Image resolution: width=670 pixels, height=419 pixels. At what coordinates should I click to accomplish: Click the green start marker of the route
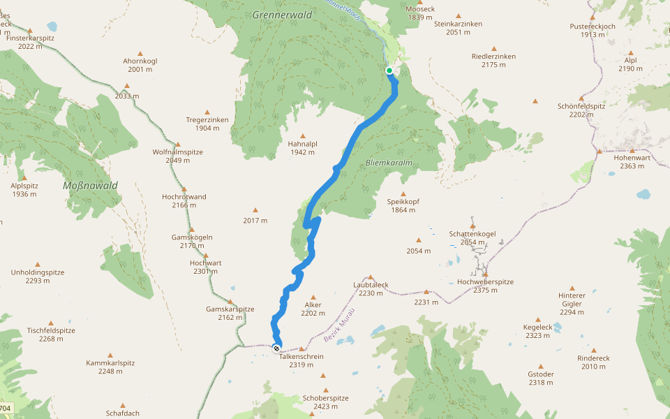click(389, 70)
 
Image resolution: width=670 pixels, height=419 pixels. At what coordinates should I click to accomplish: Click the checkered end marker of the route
click(276, 348)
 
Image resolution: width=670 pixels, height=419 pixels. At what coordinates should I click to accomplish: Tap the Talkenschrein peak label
click(301, 356)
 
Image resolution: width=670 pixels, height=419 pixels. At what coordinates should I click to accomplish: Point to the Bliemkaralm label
click(389, 163)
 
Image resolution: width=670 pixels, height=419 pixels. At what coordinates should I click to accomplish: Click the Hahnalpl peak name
click(302, 144)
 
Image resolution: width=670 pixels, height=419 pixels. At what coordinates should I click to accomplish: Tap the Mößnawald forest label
click(90, 185)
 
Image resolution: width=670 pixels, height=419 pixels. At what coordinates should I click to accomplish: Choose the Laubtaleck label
click(371, 285)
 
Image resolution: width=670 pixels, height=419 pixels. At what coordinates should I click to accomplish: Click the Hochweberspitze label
click(485, 281)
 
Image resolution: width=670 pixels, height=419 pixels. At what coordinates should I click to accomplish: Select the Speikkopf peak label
click(403, 201)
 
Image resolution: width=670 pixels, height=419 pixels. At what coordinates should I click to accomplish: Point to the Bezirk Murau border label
click(340, 326)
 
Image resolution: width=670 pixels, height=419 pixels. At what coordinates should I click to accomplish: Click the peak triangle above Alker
click(312, 297)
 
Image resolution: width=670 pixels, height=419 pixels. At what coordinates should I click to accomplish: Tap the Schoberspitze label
click(325, 398)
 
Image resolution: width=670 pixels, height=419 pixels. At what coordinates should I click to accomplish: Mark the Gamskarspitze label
click(230, 309)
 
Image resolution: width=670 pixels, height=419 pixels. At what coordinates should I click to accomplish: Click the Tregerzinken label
click(207, 119)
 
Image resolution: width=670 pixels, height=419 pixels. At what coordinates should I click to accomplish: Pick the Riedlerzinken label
click(493, 56)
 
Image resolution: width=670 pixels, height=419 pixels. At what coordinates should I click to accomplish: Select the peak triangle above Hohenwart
click(633, 150)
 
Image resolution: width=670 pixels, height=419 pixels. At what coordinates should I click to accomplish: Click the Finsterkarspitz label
click(30, 38)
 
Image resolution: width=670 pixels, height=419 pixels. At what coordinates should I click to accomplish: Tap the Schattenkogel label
click(472, 233)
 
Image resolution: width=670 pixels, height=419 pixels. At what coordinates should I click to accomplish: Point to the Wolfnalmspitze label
click(177, 152)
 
